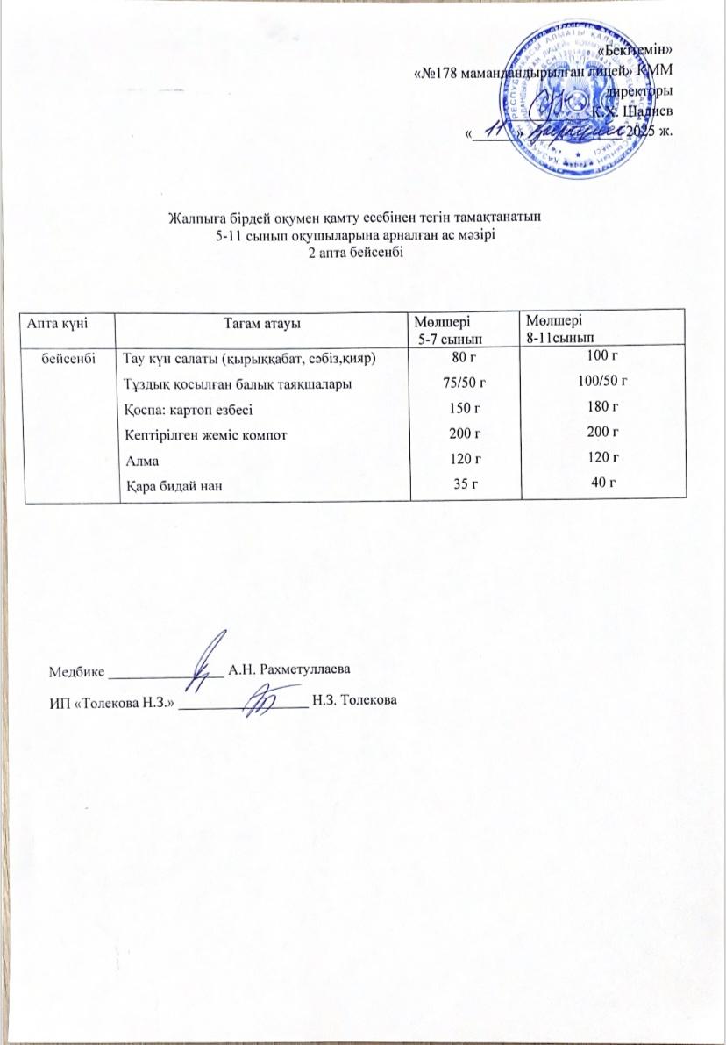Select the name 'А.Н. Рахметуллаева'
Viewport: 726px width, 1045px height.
[x=288, y=670]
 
